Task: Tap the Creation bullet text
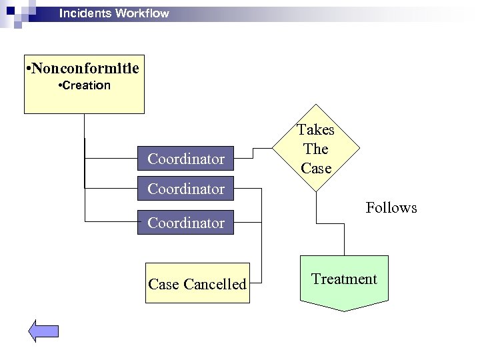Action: pyautogui.click(x=84, y=86)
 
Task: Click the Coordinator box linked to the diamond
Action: pyautogui.click(x=186, y=159)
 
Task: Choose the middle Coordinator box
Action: pyautogui.click(x=186, y=189)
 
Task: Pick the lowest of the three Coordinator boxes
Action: pyautogui.click(x=186, y=222)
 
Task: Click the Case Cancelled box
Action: pyautogui.click(x=197, y=283)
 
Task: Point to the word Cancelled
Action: pyautogui.click(x=215, y=284)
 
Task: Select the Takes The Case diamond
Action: pyautogui.click(x=316, y=149)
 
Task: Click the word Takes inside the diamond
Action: pyautogui.click(x=316, y=129)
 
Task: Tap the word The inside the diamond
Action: pyautogui.click(x=316, y=149)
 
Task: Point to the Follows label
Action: pyautogui.click(x=391, y=208)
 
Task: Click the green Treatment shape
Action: pyautogui.click(x=344, y=280)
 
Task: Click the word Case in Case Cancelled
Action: pyautogui.click(x=163, y=284)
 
